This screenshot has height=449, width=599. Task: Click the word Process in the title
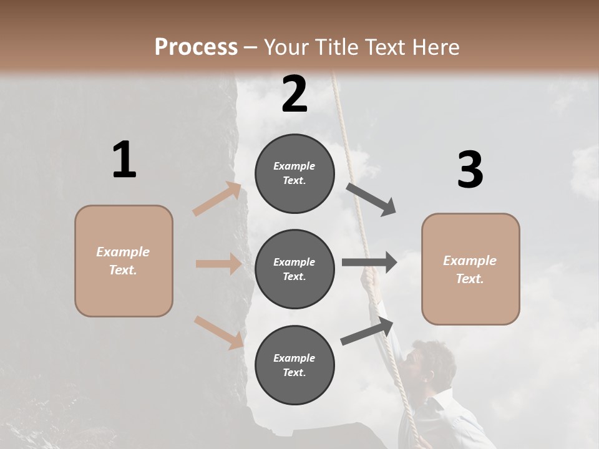tap(196, 47)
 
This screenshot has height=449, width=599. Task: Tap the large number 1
tap(124, 160)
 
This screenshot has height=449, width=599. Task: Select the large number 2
tap(295, 94)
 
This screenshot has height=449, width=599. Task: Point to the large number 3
tap(470, 170)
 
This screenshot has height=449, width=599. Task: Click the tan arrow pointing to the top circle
tap(217, 200)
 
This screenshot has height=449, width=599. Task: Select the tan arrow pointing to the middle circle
tap(218, 264)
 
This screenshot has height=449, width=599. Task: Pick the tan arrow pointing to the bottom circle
tap(218, 332)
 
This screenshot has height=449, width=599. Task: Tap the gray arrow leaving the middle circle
tap(369, 262)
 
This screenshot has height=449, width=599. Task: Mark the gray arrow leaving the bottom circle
tap(367, 331)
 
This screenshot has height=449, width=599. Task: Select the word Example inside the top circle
tap(295, 166)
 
